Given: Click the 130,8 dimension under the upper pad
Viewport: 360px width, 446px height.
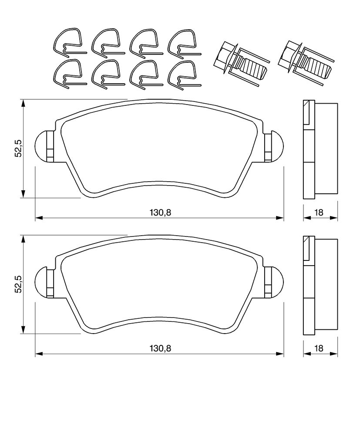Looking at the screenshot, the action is (x=160, y=212).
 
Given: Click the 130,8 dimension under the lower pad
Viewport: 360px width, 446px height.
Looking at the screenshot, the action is (x=160, y=348).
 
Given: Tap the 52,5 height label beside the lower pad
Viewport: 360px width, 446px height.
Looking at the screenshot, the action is (x=18, y=284).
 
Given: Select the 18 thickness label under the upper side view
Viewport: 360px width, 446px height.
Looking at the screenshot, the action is (x=319, y=212).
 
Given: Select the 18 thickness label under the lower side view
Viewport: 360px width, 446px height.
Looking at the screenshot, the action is (x=319, y=348).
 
